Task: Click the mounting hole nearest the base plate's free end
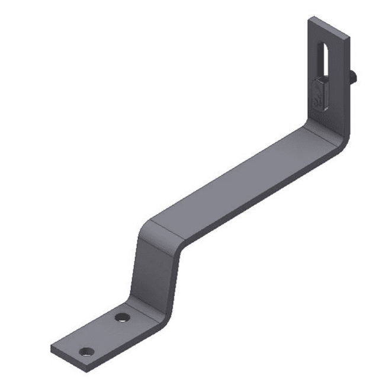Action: [86, 352]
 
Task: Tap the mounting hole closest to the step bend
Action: [123, 317]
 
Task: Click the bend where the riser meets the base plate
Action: [142, 308]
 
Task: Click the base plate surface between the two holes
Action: [105, 335]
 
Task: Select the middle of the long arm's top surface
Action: [237, 181]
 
